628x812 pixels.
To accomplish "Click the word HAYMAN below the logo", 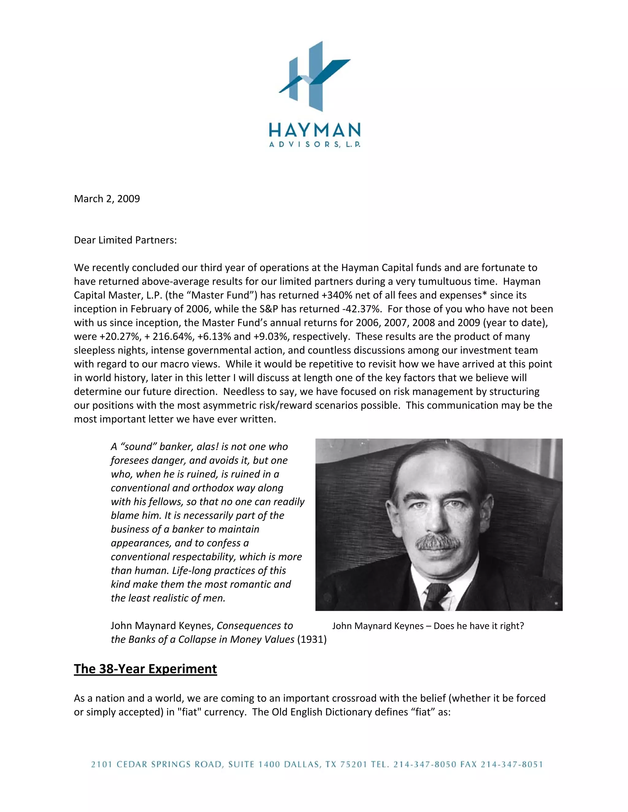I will click(314, 131).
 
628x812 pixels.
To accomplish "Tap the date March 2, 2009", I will click(107, 199).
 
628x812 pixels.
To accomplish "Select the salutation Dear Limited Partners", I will click(125, 240).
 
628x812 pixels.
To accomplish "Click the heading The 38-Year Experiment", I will click(145, 669).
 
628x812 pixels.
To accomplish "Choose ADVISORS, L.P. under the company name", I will click(314, 145).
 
